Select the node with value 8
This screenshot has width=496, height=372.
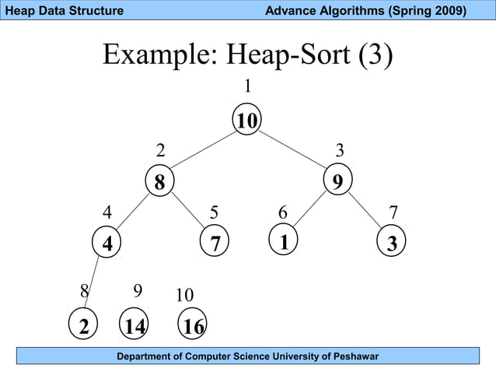(x=159, y=182)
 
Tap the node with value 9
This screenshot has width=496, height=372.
(x=337, y=182)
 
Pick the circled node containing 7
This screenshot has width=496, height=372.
(x=215, y=243)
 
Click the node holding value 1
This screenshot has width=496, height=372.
(x=284, y=241)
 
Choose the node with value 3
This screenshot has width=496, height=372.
(x=392, y=243)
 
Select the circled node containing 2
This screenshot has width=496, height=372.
(x=82, y=326)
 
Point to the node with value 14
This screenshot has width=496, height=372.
(x=134, y=326)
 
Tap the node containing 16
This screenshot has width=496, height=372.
(x=193, y=326)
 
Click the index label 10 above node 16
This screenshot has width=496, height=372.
(x=184, y=296)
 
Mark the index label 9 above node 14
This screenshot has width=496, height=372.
(x=137, y=291)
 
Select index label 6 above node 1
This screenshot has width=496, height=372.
(x=283, y=212)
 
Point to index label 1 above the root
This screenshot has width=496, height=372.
(x=247, y=85)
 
